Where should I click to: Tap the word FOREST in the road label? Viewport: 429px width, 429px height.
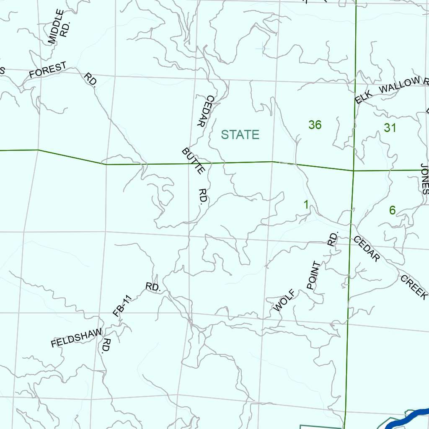(48, 70)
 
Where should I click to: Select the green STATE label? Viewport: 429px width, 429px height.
(240, 134)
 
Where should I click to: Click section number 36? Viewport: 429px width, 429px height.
(315, 124)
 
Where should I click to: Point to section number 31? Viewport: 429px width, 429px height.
(390, 128)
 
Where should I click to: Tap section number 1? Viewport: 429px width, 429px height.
(306, 205)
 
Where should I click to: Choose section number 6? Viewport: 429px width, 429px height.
(392, 210)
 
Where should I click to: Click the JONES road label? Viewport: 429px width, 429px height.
(424, 178)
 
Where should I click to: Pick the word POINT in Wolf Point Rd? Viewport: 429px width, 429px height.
(313, 275)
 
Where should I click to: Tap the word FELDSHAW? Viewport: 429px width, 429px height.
(76, 338)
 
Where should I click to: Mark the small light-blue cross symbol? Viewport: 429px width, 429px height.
(263, 49)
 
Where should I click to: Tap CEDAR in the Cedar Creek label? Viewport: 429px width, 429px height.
(367, 249)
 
